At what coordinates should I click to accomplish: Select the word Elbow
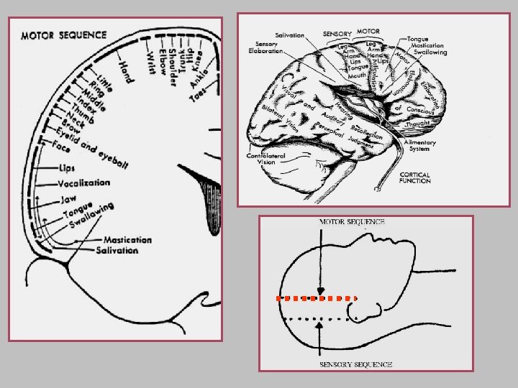(x=168, y=68)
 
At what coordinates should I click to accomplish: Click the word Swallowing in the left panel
(x=91, y=216)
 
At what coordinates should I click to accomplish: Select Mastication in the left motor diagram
(x=127, y=240)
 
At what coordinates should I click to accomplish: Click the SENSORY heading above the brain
(x=337, y=34)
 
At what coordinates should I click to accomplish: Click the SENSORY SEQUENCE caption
(x=355, y=364)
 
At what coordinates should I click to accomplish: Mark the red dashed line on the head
(x=317, y=297)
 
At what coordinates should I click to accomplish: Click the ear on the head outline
(x=368, y=310)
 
